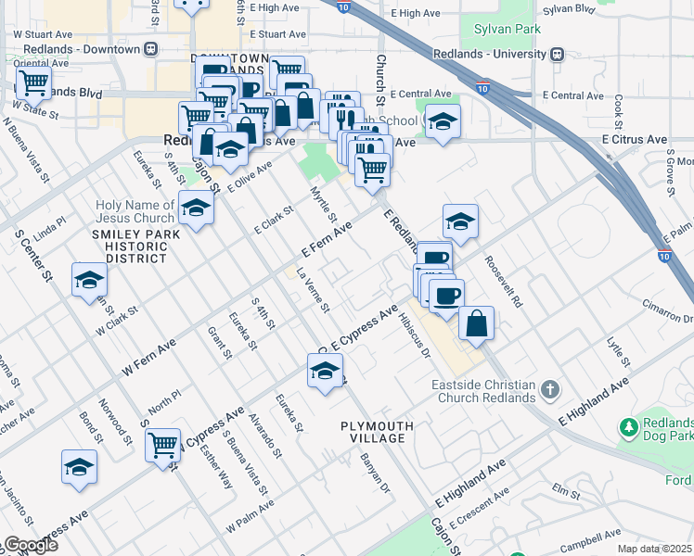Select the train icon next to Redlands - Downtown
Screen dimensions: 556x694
pos(151,48)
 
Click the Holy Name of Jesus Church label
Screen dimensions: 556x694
pos(135,211)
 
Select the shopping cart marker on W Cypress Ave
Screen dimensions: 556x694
pos(163,445)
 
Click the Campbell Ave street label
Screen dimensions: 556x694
pos(584,537)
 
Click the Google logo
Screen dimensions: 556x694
pos(30,545)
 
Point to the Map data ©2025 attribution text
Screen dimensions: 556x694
pos(654,549)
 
